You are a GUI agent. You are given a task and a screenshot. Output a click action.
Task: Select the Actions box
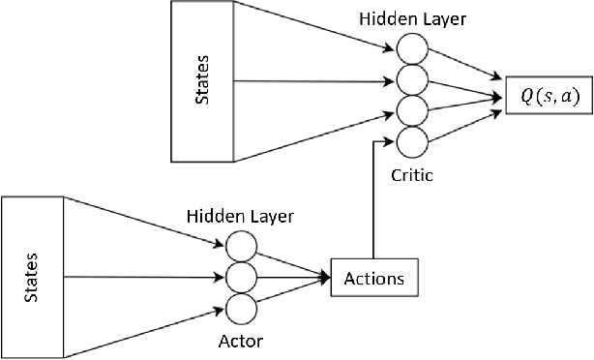(374, 279)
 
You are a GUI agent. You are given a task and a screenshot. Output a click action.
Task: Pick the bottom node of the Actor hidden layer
(242, 308)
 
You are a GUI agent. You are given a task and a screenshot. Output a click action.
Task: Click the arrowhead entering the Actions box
(325, 279)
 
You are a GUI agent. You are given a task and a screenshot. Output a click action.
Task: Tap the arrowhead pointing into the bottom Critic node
(389, 142)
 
